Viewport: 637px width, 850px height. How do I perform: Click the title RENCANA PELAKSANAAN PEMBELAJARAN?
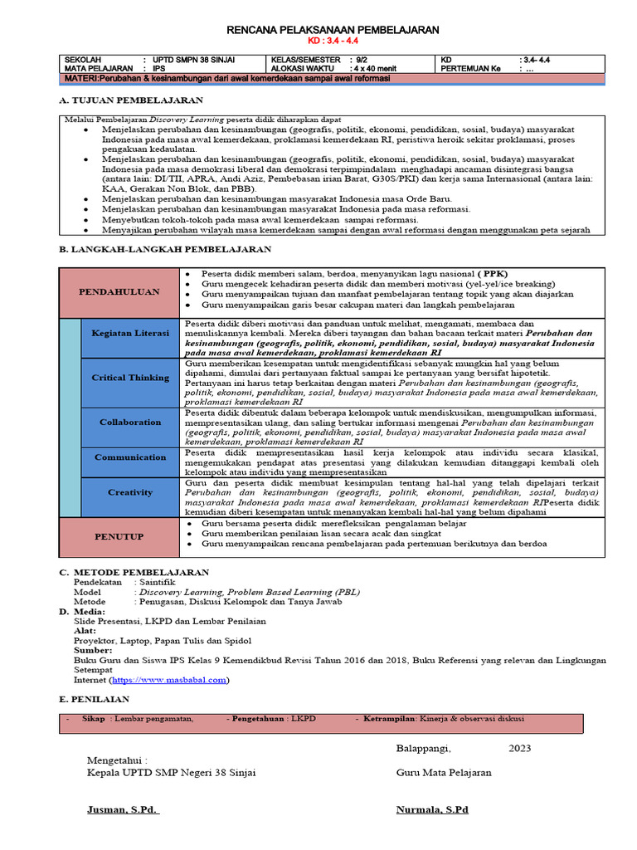pos(333,30)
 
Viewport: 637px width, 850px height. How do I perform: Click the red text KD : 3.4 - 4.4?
pos(333,41)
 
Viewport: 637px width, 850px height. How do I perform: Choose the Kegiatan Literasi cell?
pos(129,333)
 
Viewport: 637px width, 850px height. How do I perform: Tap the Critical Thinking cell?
pos(129,378)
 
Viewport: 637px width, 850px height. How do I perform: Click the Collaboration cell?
pos(129,422)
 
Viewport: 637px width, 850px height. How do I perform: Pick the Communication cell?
pos(129,457)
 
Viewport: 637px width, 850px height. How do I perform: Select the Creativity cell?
pos(129,492)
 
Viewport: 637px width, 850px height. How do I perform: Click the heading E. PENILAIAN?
pos(95,700)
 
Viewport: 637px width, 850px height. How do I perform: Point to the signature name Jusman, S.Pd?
pos(123,809)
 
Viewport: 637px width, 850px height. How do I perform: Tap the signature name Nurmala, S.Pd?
pos(432,809)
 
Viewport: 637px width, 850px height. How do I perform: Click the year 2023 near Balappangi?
pos(519,748)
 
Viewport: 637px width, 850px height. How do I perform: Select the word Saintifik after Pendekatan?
pos(158,583)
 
